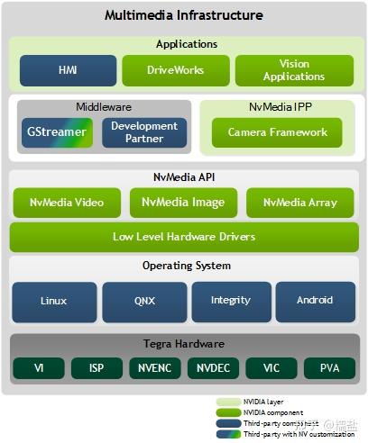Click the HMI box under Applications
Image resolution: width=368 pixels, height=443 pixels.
(69, 70)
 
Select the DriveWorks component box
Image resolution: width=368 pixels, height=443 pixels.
(175, 70)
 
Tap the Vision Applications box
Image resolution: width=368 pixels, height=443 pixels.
(294, 70)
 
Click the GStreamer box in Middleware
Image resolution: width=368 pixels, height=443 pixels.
(57, 132)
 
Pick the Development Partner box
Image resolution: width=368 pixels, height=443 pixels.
(144, 132)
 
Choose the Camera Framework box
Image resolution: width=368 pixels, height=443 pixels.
(277, 132)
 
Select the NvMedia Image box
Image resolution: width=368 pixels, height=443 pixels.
(183, 203)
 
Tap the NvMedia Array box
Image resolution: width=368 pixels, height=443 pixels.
(300, 203)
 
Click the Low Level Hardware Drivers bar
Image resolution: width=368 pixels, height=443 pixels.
(184, 237)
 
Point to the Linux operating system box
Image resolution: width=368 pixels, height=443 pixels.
(53, 301)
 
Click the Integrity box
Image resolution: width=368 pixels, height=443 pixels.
(231, 301)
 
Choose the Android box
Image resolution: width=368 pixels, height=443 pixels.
(315, 301)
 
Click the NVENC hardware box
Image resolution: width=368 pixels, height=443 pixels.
(156, 368)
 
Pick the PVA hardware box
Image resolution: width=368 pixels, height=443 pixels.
(330, 368)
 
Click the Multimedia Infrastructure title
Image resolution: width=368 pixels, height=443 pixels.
(184, 15)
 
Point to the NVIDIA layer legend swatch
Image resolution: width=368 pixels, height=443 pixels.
(228, 402)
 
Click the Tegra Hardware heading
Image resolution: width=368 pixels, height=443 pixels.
(184, 345)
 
